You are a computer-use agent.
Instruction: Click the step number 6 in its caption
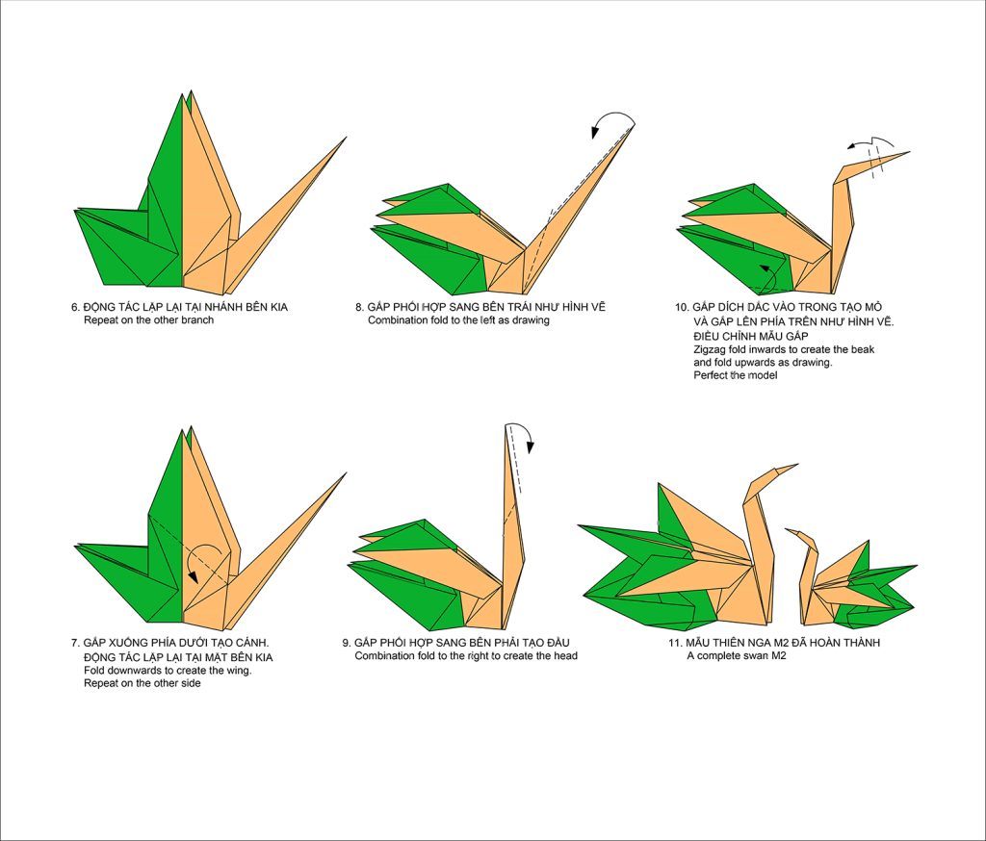pyautogui.click(x=74, y=307)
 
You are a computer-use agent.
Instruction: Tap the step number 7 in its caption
pyautogui.click(x=74, y=642)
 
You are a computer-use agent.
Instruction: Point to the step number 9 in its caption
pyautogui.click(x=346, y=642)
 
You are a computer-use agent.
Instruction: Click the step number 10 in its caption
pyautogui.click(x=681, y=307)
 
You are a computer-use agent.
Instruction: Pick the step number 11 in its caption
pyautogui.click(x=679, y=643)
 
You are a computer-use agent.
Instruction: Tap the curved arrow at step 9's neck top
pyautogui.click(x=523, y=435)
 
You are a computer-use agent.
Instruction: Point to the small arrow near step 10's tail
pyautogui.click(x=767, y=274)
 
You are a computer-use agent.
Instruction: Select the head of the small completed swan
pyautogui.click(x=799, y=534)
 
